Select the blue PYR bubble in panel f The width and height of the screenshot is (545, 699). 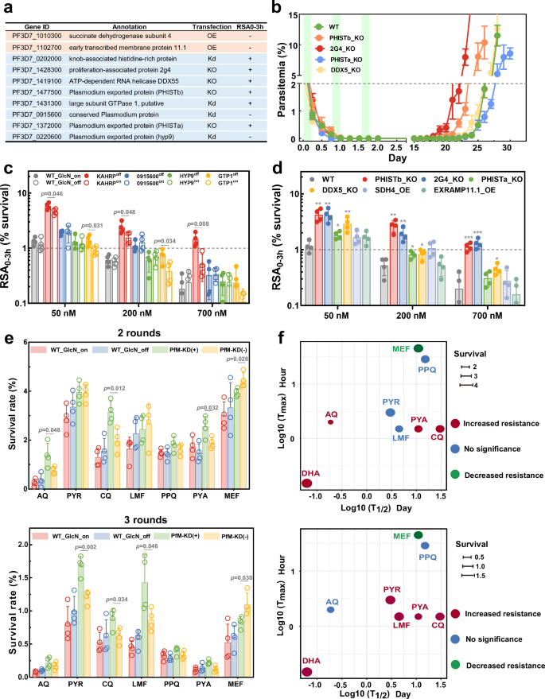pos(390,412)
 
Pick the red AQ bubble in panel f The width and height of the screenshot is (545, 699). pos(331,421)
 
